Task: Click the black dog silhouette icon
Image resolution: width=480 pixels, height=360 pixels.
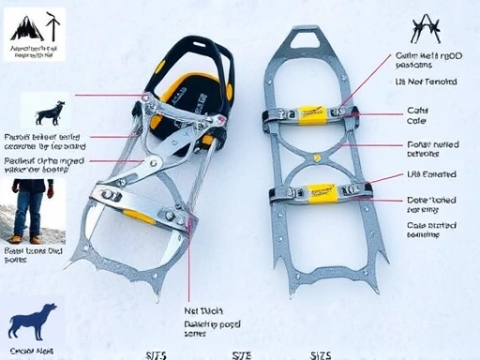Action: [50, 113]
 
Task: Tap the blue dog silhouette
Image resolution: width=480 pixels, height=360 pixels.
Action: [33, 322]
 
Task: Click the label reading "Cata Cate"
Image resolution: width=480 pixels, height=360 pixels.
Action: [416, 115]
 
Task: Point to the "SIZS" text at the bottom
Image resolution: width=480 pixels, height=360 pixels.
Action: [320, 354]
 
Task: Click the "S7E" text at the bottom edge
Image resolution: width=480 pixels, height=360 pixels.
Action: [242, 354]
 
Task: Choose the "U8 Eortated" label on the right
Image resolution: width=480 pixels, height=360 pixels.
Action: [430, 174]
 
